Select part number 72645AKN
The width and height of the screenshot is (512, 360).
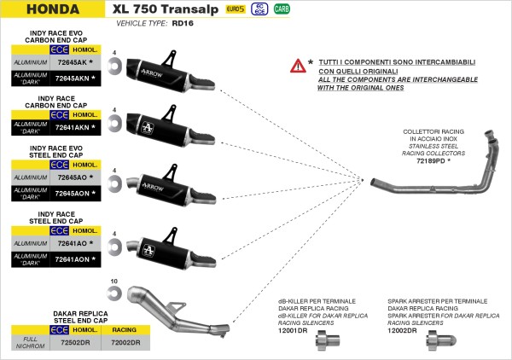click(75, 78)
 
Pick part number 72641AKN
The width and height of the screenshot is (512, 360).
click(75, 127)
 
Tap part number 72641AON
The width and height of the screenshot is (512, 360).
click(75, 257)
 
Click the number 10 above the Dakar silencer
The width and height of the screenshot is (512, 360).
click(113, 282)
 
